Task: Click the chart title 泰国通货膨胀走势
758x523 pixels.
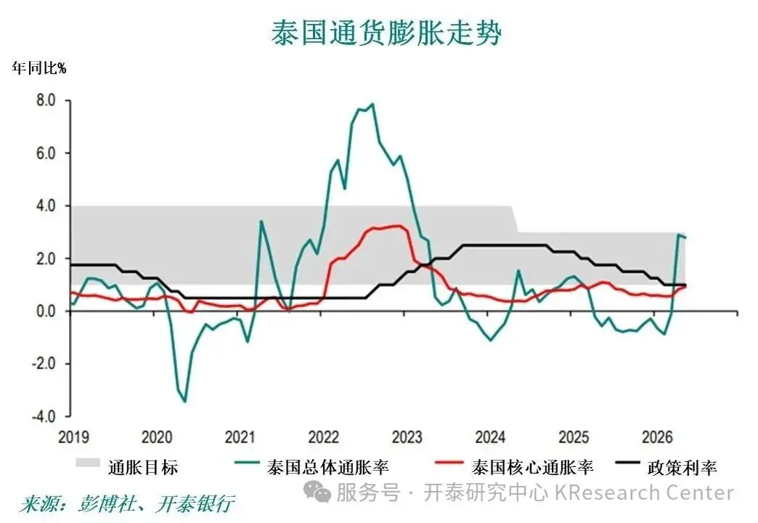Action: pos(386,33)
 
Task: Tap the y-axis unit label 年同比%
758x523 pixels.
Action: pos(39,68)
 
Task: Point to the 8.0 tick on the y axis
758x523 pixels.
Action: pos(46,100)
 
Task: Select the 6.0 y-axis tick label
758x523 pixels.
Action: pos(46,153)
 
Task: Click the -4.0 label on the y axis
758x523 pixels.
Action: pos(44,416)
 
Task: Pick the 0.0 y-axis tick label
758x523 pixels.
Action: pos(46,311)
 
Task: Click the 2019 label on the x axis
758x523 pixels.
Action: pos(73,437)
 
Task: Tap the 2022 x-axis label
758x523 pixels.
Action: pos(323,437)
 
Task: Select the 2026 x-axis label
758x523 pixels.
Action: pos(658,437)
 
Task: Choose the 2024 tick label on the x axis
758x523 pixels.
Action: pos(490,437)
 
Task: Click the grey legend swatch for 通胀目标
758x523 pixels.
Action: pos(88,463)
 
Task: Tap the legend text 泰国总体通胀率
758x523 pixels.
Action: pos(327,467)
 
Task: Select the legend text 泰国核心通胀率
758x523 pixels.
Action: pos(532,467)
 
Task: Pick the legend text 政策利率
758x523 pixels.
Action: pos(682,467)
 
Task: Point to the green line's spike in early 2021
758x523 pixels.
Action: pos(261,221)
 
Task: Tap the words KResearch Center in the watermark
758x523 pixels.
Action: pos(644,492)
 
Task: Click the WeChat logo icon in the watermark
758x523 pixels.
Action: pos(317,492)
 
